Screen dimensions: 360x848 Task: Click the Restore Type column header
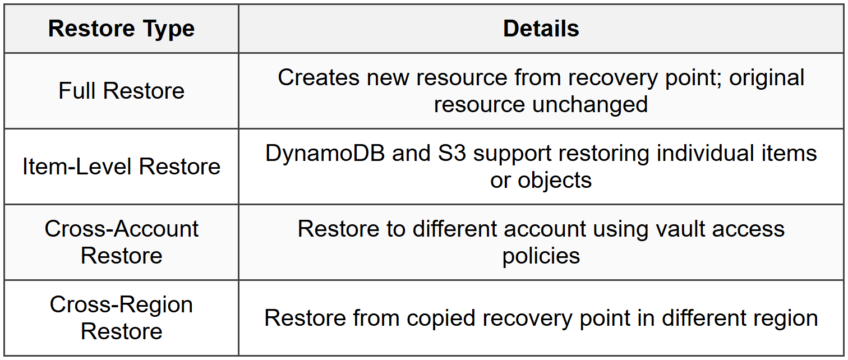pos(121,29)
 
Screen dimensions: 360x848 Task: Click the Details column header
pos(541,29)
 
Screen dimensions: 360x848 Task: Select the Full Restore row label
pos(121,91)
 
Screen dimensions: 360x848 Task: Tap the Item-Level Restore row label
pos(121,167)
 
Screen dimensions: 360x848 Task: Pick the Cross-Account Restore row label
pos(121,242)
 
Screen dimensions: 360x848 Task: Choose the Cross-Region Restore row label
pos(121,317)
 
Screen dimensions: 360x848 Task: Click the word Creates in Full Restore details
pos(319,77)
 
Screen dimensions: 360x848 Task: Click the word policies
pos(541,256)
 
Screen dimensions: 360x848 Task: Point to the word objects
pos(555,180)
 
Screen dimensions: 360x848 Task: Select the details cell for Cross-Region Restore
pos(541,318)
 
